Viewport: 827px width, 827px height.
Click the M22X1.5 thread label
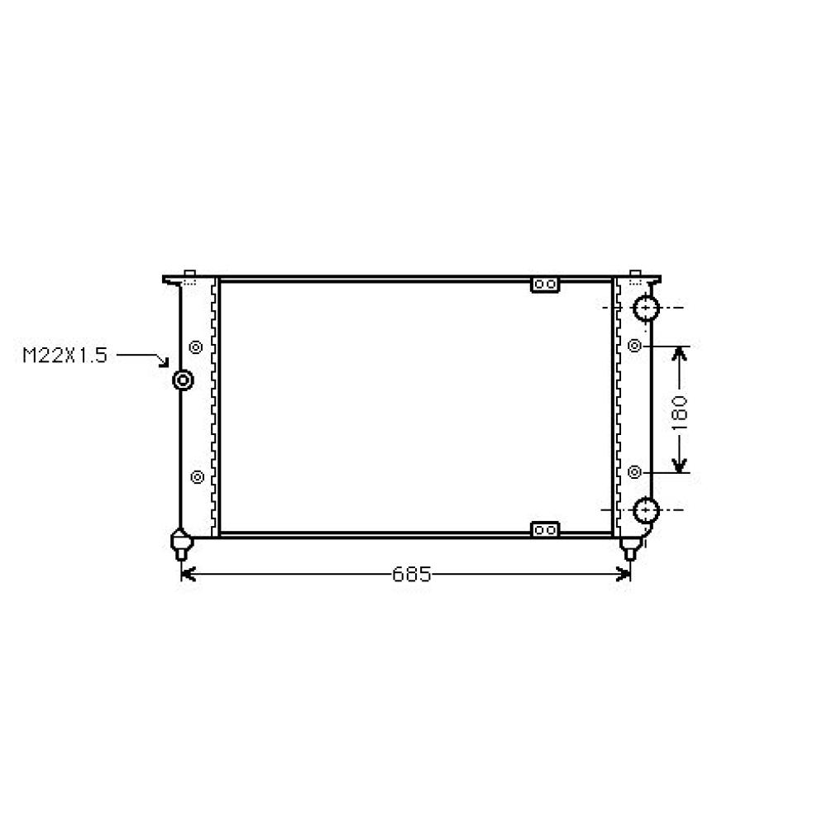[65, 356]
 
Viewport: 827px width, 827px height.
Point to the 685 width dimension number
[411, 574]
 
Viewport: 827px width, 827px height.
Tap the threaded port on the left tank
[183, 380]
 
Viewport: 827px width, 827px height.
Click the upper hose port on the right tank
[645, 308]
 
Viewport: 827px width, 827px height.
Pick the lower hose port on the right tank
[645, 509]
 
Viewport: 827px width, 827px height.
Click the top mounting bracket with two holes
[544, 285]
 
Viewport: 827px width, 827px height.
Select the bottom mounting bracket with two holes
[544, 529]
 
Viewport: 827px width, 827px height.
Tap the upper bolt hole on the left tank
[196, 347]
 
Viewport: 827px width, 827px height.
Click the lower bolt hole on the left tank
[197, 476]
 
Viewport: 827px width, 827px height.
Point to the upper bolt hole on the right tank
[634, 345]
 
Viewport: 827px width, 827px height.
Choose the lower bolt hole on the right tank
[634, 472]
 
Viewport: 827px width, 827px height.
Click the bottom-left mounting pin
[181, 546]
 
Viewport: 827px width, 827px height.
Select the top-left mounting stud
[189, 275]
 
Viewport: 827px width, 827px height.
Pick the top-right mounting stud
[636, 275]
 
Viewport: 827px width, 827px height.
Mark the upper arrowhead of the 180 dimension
[679, 353]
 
